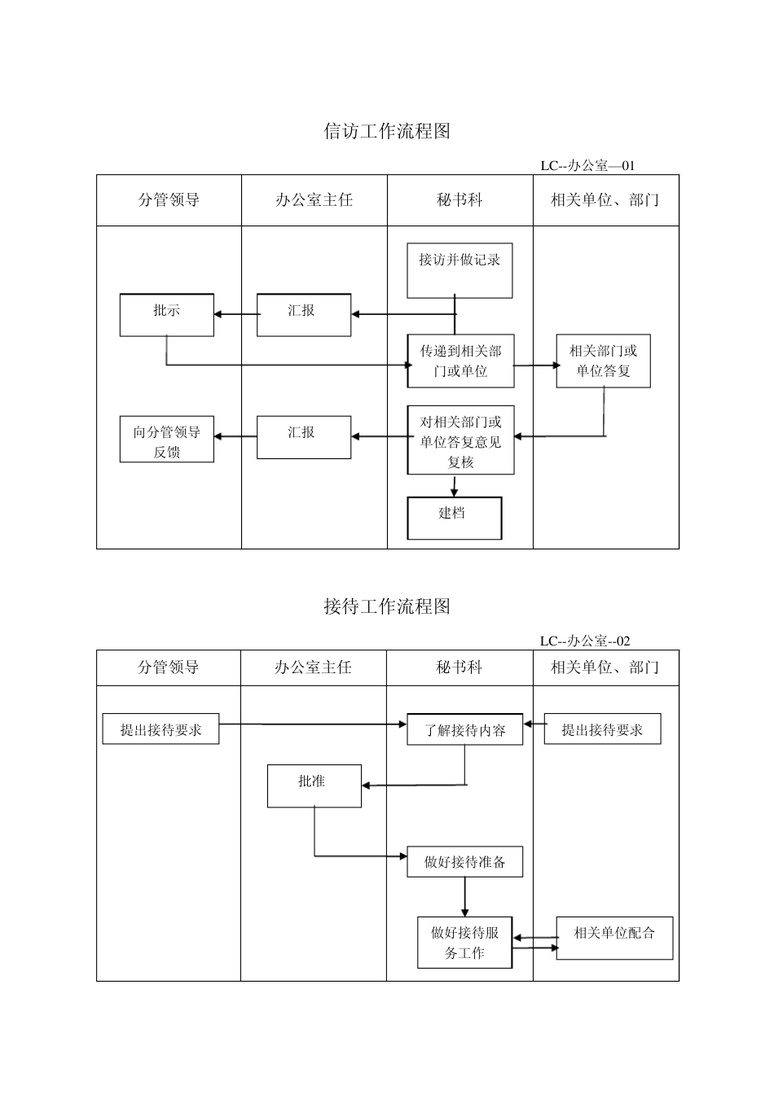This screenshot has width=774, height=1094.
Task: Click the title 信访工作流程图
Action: tap(387, 131)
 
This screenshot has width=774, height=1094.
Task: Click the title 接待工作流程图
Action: tap(387, 606)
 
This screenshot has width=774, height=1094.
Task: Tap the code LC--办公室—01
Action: tap(587, 165)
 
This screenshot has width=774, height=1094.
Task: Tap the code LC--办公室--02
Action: tap(584, 641)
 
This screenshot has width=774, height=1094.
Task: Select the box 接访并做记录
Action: tap(460, 270)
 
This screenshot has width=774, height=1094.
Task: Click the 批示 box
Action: tap(166, 315)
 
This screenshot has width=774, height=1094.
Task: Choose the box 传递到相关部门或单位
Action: tap(460, 361)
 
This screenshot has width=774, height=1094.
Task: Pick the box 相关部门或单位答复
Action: tap(603, 361)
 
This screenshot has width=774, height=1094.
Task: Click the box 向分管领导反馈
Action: tap(166, 440)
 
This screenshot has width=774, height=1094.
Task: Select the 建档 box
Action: tap(454, 518)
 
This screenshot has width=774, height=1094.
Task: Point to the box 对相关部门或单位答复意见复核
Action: tap(460, 440)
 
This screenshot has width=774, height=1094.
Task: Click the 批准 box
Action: tap(314, 785)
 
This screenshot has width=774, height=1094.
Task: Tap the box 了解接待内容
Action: tap(464, 729)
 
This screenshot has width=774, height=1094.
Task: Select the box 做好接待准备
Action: tap(464, 862)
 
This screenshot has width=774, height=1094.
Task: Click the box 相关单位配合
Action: tap(614, 938)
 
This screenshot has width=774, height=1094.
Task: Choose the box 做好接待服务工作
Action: tap(464, 943)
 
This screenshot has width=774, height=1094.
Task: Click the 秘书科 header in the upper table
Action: tap(460, 200)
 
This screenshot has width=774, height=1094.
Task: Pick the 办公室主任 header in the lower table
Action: tap(313, 667)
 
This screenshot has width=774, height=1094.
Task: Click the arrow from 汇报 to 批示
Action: tap(235, 315)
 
